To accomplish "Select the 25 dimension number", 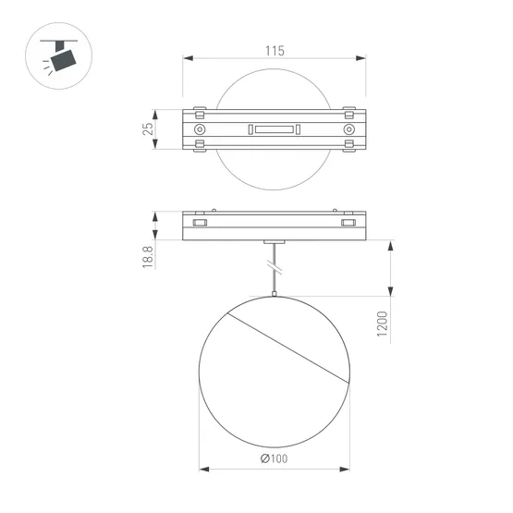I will (147, 129).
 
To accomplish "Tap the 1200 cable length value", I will (382, 324).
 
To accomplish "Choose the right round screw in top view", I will (348, 129).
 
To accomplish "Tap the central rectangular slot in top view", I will (274, 129).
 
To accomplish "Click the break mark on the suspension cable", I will (274, 266).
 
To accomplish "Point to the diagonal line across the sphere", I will (287, 347).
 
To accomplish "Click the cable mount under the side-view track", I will (274, 242).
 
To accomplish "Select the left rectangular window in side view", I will (200, 223).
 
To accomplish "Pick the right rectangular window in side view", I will (348, 223).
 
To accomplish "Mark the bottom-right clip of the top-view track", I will (348, 148).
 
